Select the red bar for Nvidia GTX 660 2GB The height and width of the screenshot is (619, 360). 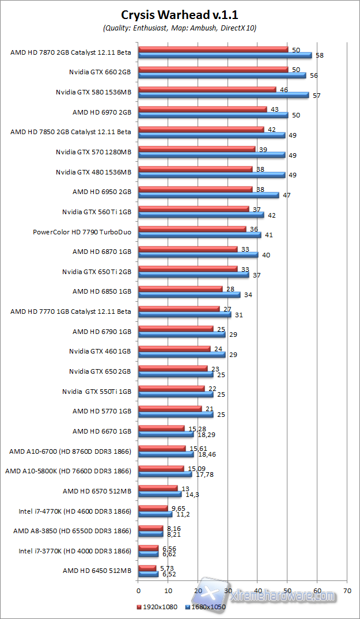tap(213, 69)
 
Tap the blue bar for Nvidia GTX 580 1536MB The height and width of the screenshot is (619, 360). tap(223, 95)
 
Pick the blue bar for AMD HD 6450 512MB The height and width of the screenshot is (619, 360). tap(149, 574)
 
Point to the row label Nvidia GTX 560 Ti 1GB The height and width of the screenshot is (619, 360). tap(97, 212)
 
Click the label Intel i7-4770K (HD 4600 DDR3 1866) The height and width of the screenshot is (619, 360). tap(75, 511)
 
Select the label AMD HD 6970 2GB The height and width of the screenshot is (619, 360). tap(102, 112)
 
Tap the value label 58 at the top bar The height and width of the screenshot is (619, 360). tap(320, 55)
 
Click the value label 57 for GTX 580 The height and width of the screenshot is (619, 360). tap(317, 95)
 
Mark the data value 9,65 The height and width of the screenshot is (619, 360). tap(176, 508)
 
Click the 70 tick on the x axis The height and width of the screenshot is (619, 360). tap(347, 590)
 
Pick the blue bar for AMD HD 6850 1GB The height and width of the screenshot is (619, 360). tap(190, 295)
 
